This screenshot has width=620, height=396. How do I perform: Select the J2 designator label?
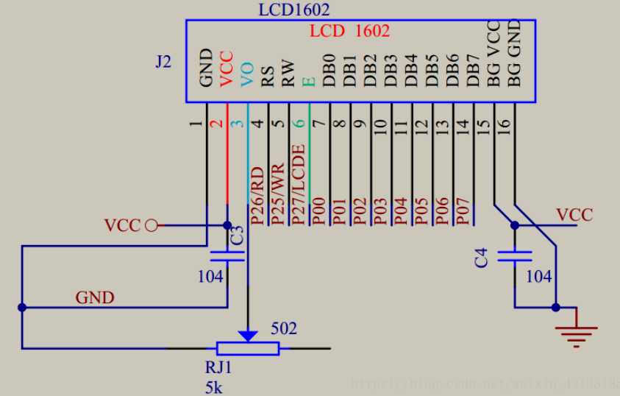click(x=163, y=62)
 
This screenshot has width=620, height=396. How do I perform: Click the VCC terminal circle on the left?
click(x=152, y=225)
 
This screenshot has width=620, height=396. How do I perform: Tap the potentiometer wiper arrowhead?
click(x=249, y=336)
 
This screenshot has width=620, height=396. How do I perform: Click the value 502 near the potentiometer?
click(x=284, y=328)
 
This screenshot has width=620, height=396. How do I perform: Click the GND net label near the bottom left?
click(x=95, y=297)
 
